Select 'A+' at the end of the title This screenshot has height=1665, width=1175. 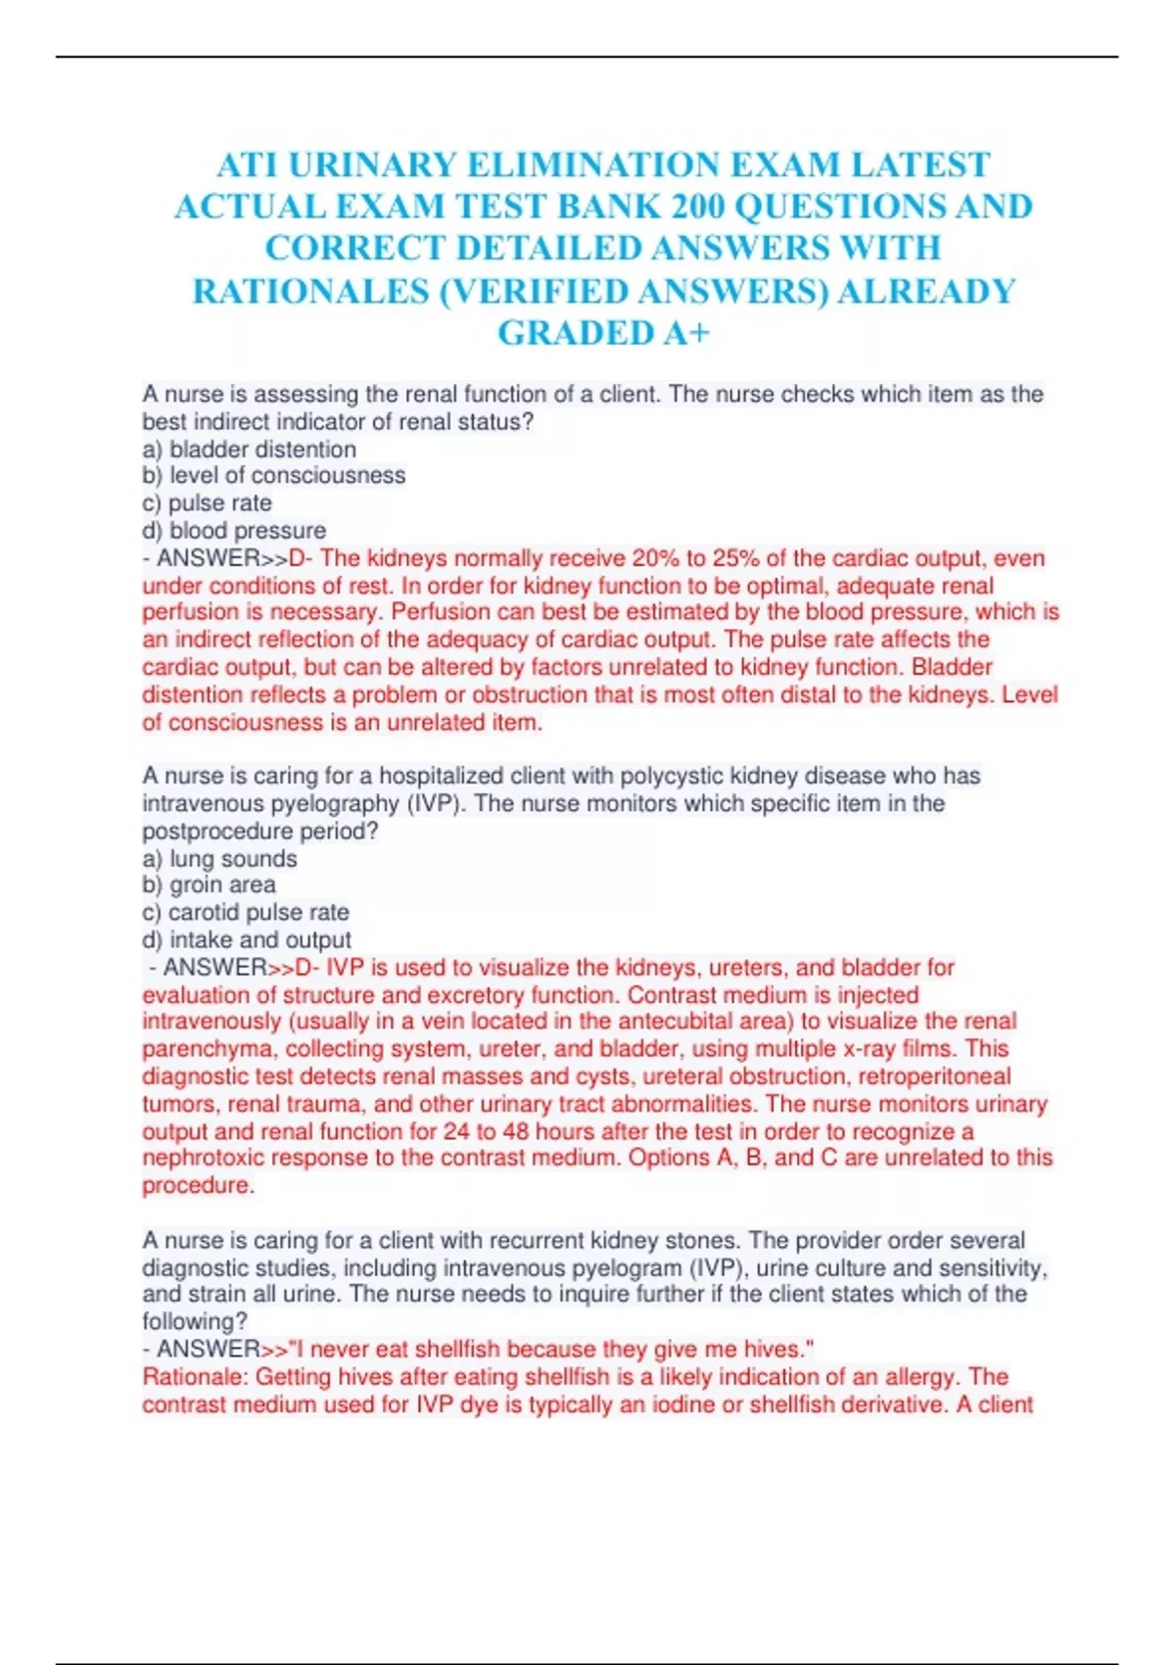click(684, 333)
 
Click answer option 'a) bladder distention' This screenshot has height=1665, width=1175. click(249, 450)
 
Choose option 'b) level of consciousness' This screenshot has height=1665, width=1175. click(273, 476)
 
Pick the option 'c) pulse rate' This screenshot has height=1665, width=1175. click(207, 503)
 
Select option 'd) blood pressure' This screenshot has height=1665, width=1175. click(234, 531)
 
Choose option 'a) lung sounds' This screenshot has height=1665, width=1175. click(219, 859)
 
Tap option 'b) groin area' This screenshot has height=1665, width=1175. click(209, 885)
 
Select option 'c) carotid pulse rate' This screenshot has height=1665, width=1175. click(245, 913)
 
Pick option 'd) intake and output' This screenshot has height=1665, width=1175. click(247, 940)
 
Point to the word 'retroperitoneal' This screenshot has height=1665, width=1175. click(934, 1076)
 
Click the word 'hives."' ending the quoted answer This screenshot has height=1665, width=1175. click(778, 1350)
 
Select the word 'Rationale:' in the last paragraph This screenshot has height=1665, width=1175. click(196, 1377)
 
